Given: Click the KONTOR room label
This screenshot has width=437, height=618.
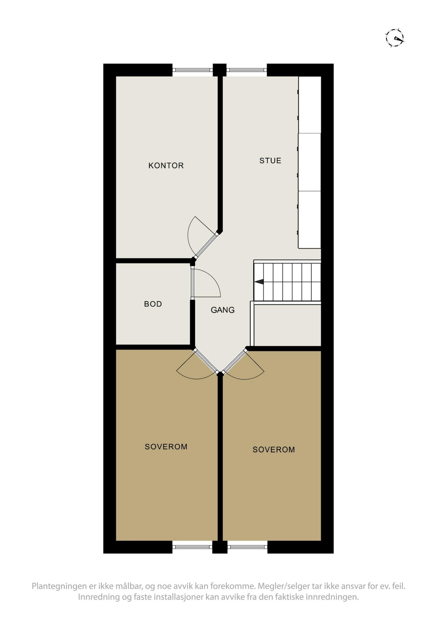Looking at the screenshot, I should coord(166,165).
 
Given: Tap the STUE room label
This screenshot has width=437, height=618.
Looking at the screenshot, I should coord(270,160).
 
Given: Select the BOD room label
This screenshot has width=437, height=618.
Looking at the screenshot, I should coord(153,304).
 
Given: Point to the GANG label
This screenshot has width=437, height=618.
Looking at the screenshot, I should coord(222,310).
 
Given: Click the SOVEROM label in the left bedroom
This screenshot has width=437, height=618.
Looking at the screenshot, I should coord(166,446).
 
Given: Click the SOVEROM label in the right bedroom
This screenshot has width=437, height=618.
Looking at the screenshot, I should coord(274,449).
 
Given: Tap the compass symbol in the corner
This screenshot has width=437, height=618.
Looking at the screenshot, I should coord(395,37).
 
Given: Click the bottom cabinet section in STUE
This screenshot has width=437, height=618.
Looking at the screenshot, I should coord(310,220).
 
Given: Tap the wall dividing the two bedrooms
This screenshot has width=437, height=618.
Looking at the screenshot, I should coord(220,457).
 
